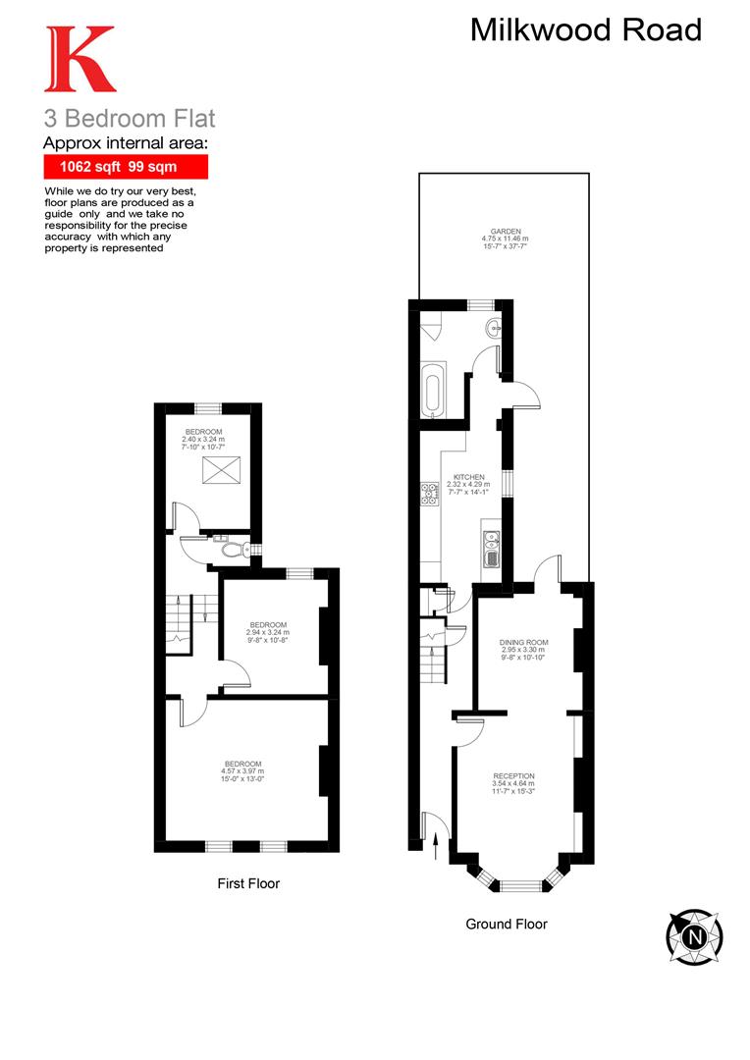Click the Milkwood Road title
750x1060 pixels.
click(586, 30)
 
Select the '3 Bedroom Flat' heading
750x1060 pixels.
click(129, 119)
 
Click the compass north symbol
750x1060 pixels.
click(695, 936)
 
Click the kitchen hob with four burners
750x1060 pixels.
click(429, 494)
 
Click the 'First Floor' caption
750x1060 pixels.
click(248, 883)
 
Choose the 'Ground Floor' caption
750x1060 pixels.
click(507, 924)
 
